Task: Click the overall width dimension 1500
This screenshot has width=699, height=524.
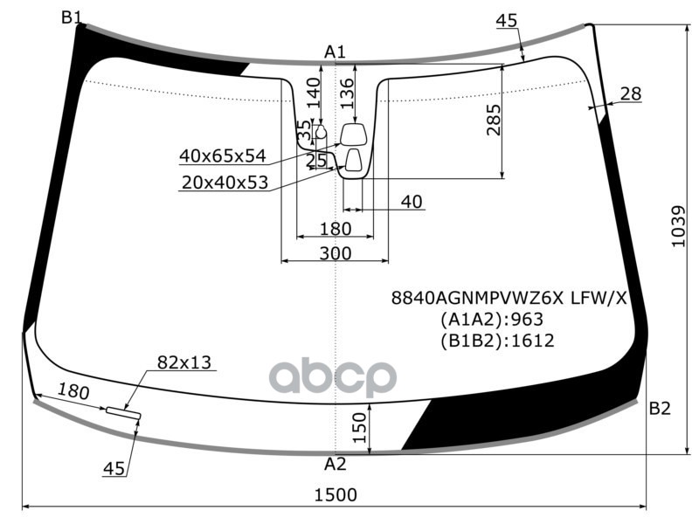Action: point(336,494)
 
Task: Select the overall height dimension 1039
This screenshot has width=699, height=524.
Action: point(679,226)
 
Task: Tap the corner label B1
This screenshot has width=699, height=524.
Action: point(72,17)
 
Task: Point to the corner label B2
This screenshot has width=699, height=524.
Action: point(660,408)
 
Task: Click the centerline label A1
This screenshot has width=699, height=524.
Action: point(335,52)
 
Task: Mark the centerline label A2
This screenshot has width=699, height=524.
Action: point(336,464)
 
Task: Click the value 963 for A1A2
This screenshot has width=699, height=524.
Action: point(527,319)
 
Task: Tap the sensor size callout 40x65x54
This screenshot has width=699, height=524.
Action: point(223,156)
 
